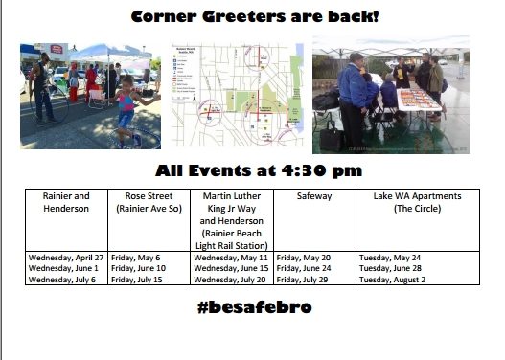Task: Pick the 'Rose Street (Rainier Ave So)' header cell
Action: [x=149, y=201]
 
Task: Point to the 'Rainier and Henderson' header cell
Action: [x=66, y=201]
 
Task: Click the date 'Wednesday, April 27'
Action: [x=66, y=258]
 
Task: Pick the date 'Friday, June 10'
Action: [x=138, y=269]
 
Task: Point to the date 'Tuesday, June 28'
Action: [x=390, y=269]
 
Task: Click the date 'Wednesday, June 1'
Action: [x=62, y=269]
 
